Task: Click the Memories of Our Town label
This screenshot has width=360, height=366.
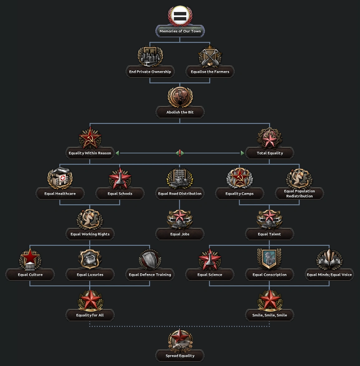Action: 180,31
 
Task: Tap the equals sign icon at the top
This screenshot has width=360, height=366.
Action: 180,16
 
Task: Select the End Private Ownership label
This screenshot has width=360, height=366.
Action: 150,72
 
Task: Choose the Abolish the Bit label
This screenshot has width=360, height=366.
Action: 180,112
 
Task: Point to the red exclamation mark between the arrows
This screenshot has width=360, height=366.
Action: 180,153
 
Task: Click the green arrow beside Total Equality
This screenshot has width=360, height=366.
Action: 242,153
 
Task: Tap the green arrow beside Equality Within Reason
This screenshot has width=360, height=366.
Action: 118,153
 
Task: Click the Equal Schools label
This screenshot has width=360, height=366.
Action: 120,194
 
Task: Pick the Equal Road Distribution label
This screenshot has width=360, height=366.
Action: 180,194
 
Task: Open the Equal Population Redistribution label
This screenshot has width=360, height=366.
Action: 300,194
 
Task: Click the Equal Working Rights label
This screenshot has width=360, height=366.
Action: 90,234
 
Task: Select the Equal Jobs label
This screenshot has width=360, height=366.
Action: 180,234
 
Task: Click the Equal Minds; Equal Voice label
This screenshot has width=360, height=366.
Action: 329,275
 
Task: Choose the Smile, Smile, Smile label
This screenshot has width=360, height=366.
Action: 270,315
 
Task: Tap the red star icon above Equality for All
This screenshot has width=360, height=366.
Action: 90,300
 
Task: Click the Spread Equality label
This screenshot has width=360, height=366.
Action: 180,356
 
